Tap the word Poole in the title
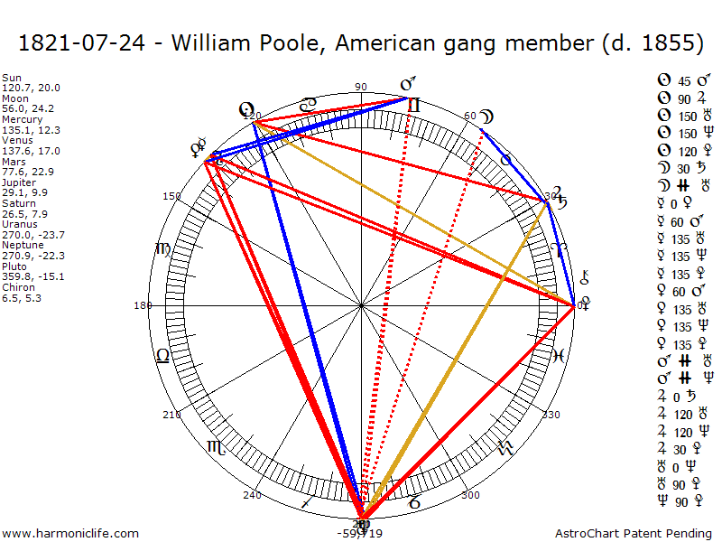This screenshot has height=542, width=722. coord(290,42)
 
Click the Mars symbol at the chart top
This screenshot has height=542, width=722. coord(408,86)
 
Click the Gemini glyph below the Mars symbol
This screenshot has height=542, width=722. coord(413,105)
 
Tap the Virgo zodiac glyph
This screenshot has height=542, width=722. coord(162,248)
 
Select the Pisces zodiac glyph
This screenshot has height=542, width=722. coord(560,355)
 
